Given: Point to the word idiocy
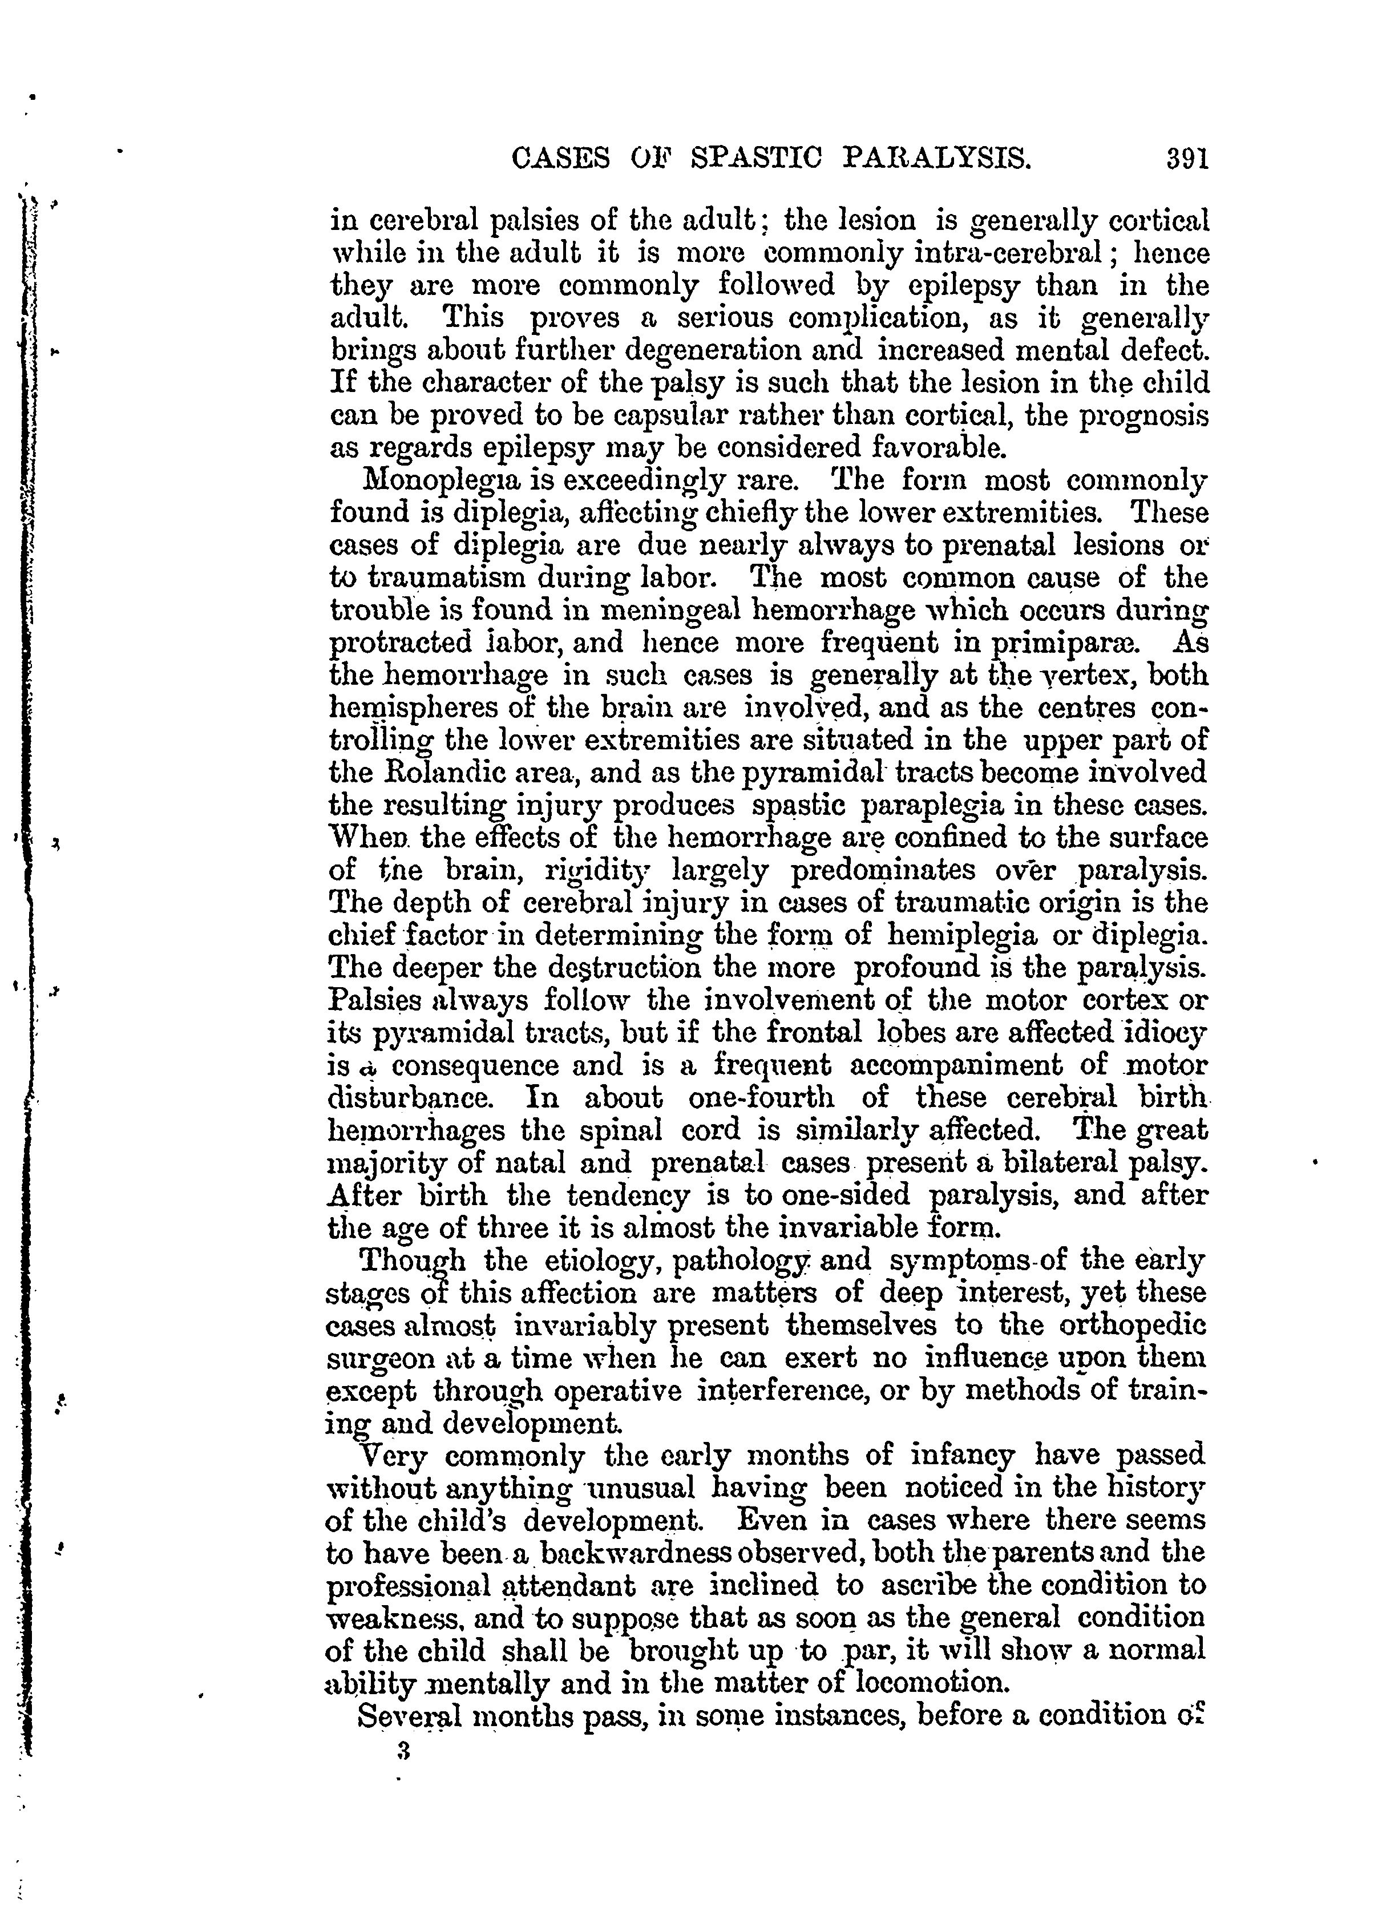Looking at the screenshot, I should [x=1163, y=1031].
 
